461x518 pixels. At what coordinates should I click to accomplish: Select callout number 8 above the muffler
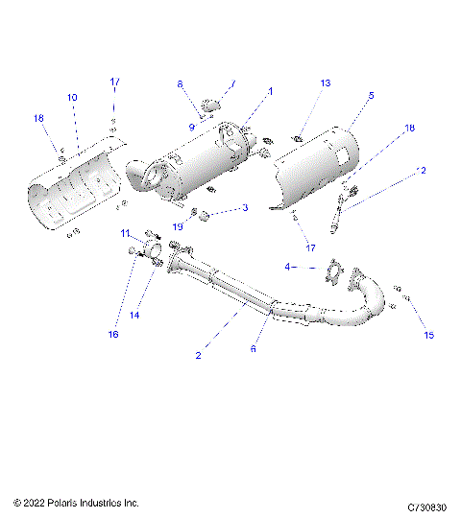179,84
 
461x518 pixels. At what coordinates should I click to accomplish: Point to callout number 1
270,91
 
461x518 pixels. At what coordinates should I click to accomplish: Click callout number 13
325,83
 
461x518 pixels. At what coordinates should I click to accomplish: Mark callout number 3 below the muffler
245,207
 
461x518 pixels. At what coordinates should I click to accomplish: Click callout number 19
178,226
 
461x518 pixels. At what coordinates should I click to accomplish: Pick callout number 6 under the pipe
253,349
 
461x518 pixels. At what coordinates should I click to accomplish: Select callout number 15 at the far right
428,335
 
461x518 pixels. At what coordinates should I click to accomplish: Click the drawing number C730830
428,503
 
